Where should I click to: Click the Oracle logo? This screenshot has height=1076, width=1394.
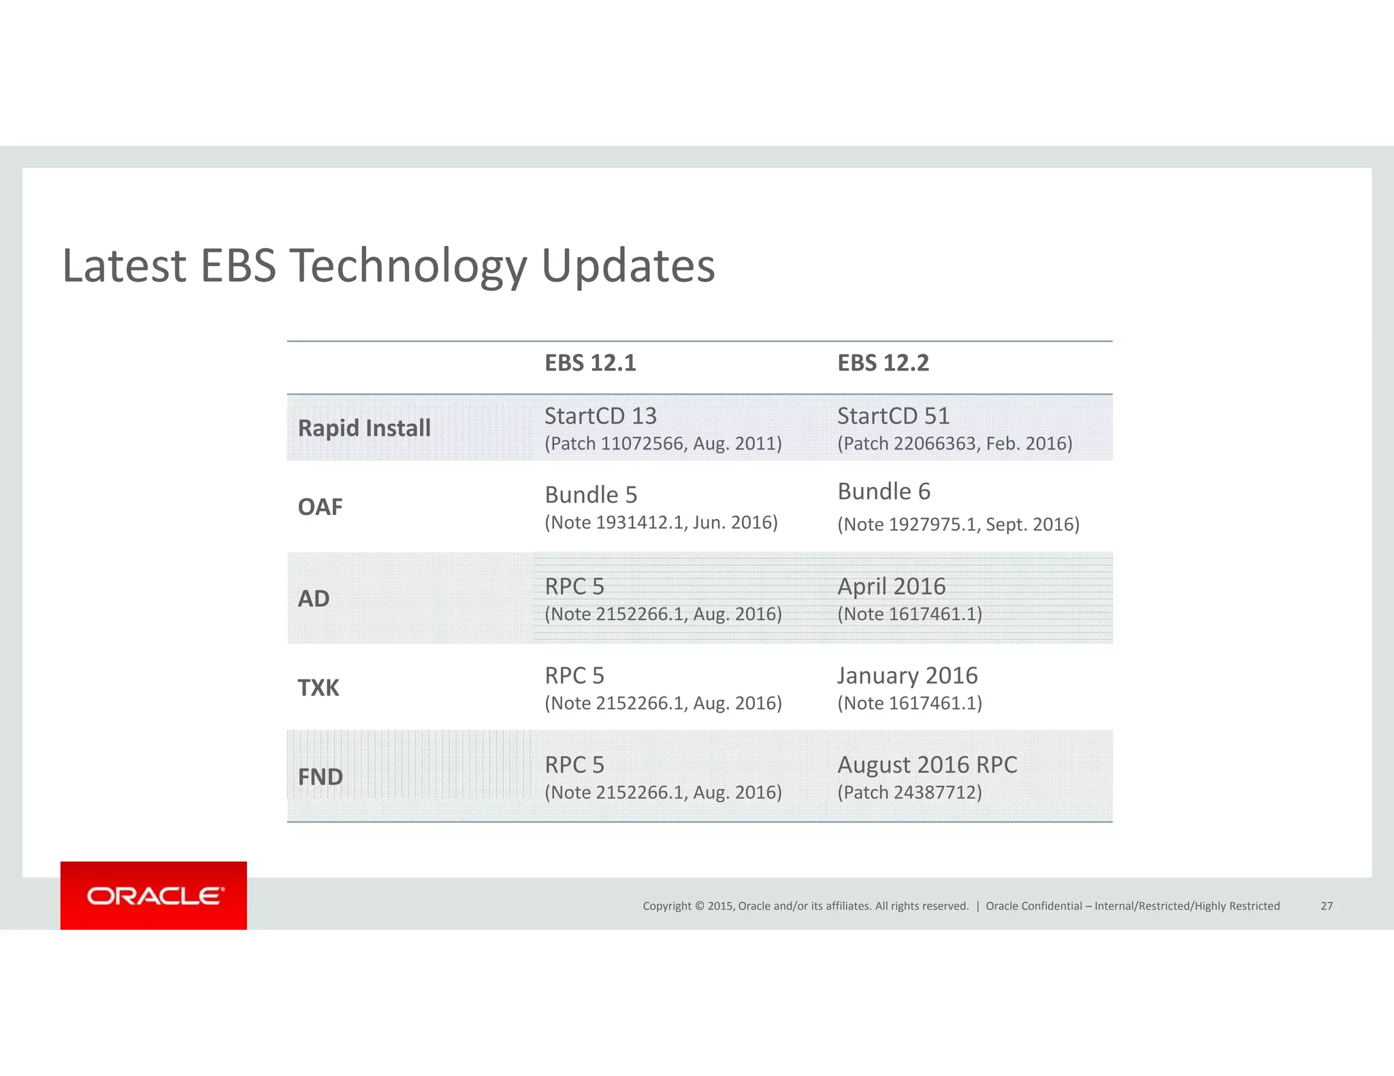[x=154, y=896]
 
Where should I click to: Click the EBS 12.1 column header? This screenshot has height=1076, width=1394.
[x=590, y=363]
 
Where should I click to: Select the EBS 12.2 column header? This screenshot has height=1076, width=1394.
[x=883, y=363]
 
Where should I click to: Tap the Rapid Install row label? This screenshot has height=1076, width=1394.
[x=364, y=428]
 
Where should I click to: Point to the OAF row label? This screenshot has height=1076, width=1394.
[x=320, y=507]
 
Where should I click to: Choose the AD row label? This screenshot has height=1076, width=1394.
[x=314, y=599]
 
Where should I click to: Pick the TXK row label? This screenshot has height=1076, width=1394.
[x=318, y=688]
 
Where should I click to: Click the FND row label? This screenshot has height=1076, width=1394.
[x=320, y=777]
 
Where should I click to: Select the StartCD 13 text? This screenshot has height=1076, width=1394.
[x=600, y=416]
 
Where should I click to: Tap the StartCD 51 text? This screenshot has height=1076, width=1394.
[x=893, y=416]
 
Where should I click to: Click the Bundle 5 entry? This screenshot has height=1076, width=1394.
[x=591, y=495]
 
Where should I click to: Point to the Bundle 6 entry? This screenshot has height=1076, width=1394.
[x=884, y=492]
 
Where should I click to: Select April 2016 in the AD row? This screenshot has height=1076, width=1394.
[x=891, y=586]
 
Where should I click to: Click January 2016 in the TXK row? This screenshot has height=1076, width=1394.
[x=907, y=676]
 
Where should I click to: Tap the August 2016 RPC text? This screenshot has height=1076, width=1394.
[x=927, y=765]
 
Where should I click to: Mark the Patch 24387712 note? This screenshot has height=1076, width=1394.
[x=909, y=793]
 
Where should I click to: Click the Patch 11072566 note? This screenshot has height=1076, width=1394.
[x=663, y=444]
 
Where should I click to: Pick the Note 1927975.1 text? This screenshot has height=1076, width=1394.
[x=958, y=525]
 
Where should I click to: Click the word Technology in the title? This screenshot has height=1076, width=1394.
[x=408, y=265]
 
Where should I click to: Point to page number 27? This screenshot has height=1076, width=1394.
[x=1327, y=906]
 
